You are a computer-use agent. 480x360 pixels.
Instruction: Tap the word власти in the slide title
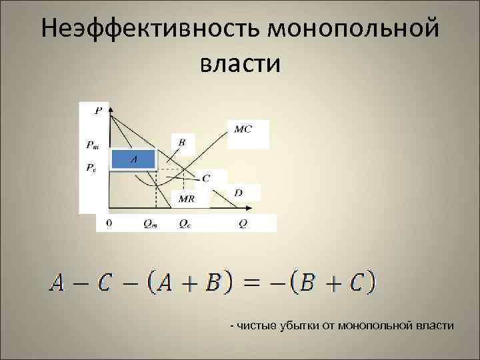tap(239, 64)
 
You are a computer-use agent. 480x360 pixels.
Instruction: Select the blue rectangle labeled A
tap(133, 159)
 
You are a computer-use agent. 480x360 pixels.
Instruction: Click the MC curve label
tap(243, 128)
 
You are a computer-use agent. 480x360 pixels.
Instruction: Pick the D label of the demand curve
tap(239, 193)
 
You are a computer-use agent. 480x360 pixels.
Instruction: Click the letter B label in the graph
tap(182, 142)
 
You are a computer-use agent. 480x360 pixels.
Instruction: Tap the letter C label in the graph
tap(205, 178)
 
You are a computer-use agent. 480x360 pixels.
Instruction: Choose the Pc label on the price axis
tap(91, 168)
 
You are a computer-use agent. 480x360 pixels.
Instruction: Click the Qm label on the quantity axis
tap(151, 224)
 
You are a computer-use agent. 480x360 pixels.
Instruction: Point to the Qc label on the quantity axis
tap(184, 224)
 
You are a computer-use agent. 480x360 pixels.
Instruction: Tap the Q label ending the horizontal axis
tap(243, 224)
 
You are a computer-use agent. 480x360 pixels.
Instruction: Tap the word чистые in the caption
tap(251, 325)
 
